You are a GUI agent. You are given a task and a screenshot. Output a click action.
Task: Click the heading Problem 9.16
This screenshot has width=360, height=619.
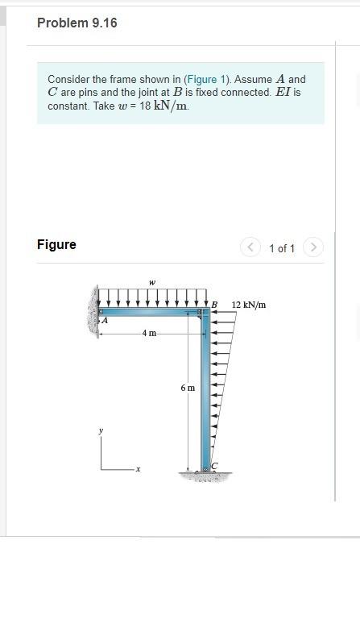(x=77, y=23)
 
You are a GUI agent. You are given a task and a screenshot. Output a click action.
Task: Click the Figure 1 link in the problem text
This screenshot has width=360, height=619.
(x=208, y=79)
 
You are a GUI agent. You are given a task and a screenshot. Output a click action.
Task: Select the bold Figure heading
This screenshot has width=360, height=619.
(x=56, y=244)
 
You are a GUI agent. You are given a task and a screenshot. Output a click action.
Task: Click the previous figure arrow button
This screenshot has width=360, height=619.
(x=249, y=247)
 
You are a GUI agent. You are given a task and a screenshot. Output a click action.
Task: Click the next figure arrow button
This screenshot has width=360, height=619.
(x=313, y=247)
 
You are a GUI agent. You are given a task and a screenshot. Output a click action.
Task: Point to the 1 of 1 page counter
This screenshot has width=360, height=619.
(x=282, y=248)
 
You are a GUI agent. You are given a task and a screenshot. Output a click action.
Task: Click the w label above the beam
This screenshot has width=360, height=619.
(x=152, y=282)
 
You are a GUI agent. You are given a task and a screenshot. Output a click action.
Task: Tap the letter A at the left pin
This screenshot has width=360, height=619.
(x=105, y=321)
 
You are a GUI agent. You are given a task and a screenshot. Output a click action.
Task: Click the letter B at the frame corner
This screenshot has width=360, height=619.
(x=214, y=305)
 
